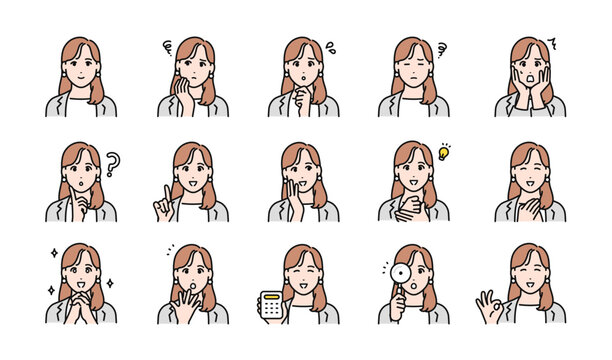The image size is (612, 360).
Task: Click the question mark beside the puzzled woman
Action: pyautogui.click(x=113, y=164)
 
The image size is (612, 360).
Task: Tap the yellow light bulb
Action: pyautogui.click(x=444, y=153)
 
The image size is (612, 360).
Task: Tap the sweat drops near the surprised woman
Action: pyautogui.click(x=330, y=46)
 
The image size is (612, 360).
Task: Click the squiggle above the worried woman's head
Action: pyautogui.click(x=167, y=46)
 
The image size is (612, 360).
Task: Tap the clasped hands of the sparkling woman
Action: pyautogui.click(x=80, y=302)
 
